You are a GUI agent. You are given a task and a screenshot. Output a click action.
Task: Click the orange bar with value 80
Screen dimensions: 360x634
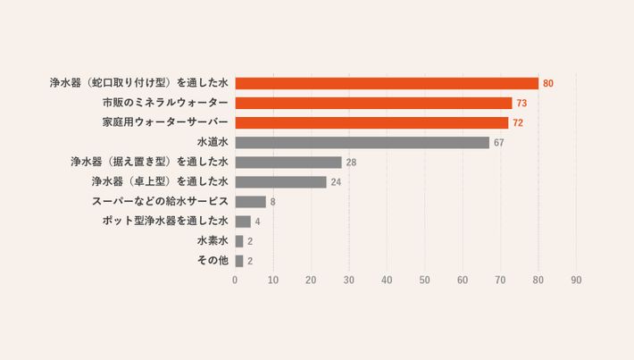[x=386, y=83]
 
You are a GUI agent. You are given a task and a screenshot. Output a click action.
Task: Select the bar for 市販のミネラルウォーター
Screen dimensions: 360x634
[x=373, y=103]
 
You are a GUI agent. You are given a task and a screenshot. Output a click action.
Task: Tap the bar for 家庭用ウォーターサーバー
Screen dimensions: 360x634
[x=371, y=122]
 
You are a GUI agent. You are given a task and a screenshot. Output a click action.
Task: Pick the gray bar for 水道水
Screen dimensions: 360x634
[x=362, y=143]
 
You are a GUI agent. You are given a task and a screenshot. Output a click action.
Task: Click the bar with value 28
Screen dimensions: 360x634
[x=288, y=163]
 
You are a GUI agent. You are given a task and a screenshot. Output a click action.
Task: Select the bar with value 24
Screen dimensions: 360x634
[x=280, y=182]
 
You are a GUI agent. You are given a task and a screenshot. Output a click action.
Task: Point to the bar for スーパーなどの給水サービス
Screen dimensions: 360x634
[x=250, y=202]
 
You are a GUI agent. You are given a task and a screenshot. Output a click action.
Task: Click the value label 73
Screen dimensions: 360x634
[x=522, y=104]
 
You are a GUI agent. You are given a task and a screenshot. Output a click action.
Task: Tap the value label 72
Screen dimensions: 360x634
[x=519, y=123]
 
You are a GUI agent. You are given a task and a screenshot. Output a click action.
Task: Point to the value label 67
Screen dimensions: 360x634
[x=499, y=143]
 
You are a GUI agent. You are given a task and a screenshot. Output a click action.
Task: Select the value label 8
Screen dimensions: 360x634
[x=272, y=202]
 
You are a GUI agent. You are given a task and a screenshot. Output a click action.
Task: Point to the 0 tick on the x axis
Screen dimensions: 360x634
[x=235, y=280]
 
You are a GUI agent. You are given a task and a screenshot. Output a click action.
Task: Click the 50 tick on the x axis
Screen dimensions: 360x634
[x=424, y=280]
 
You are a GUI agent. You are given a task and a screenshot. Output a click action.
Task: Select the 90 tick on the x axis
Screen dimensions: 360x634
[x=576, y=280]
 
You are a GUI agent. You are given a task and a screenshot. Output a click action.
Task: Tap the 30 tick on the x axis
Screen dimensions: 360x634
[x=348, y=280]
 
